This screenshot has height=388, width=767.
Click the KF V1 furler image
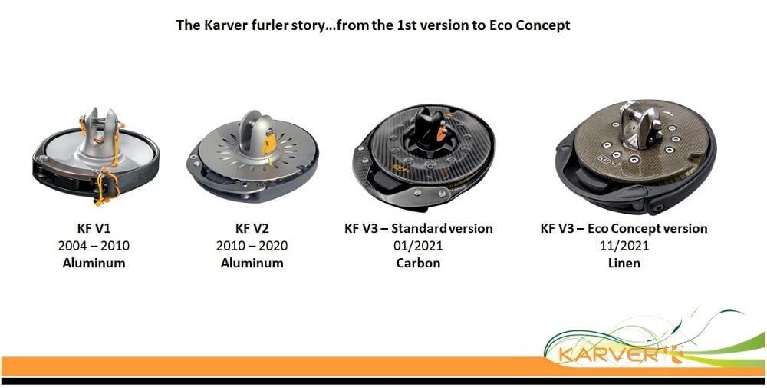click(x=95, y=157)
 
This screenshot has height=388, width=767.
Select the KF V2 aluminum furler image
click(x=252, y=157)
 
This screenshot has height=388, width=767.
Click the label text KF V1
click(x=94, y=228)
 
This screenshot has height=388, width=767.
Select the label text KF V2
click(x=252, y=228)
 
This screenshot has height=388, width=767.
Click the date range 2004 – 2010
click(x=94, y=245)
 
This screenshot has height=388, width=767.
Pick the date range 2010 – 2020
click(x=252, y=245)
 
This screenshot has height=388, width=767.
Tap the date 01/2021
click(x=418, y=245)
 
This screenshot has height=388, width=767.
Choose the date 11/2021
click(x=624, y=245)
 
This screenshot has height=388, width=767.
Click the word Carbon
click(x=418, y=263)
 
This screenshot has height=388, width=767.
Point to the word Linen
click(x=624, y=263)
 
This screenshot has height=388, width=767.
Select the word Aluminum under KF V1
click(x=94, y=263)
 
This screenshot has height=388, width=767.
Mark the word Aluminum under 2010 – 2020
click(x=252, y=263)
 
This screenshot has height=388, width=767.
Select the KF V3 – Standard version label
click(x=419, y=228)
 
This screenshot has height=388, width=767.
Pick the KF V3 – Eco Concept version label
click(x=624, y=228)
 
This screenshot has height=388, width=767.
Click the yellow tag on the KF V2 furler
click(x=269, y=143)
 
